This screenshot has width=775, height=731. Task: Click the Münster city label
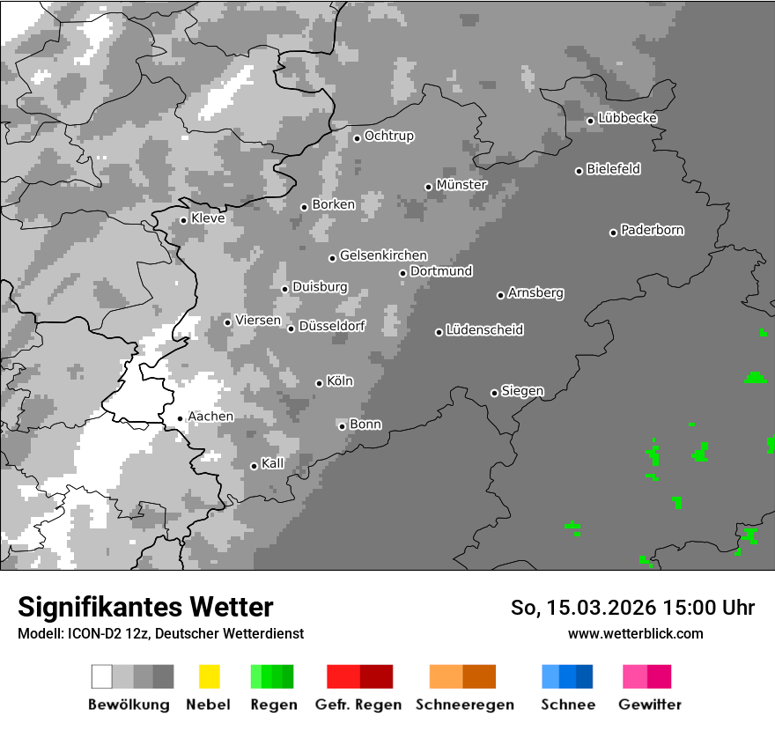[x=461, y=185]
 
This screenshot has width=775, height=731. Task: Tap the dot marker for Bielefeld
[x=579, y=171]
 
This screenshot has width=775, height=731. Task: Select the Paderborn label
[x=653, y=231]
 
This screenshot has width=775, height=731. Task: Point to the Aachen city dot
[x=180, y=419]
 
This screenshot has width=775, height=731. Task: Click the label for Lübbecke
[x=628, y=118]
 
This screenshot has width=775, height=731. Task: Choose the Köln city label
[x=340, y=381]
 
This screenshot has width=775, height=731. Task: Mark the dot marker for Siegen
[x=494, y=393]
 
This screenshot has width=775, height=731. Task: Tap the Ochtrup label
[x=389, y=137]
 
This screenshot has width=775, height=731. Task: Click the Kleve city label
[x=208, y=218]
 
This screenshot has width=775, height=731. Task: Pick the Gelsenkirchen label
[x=383, y=256]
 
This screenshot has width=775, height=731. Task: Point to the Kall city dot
[x=254, y=466]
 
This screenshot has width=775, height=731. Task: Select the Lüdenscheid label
[x=484, y=330]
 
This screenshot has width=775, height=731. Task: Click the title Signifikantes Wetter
[x=145, y=607]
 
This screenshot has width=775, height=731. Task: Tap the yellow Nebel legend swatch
[x=209, y=676]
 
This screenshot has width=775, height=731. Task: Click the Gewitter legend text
[x=650, y=705]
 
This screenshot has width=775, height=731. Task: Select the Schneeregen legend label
[x=465, y=705]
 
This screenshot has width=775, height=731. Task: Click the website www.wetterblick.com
[x=636, y=633]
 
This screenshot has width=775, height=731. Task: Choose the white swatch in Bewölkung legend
[x=101, y=676]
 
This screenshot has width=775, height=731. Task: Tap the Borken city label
[x=334, y=204]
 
